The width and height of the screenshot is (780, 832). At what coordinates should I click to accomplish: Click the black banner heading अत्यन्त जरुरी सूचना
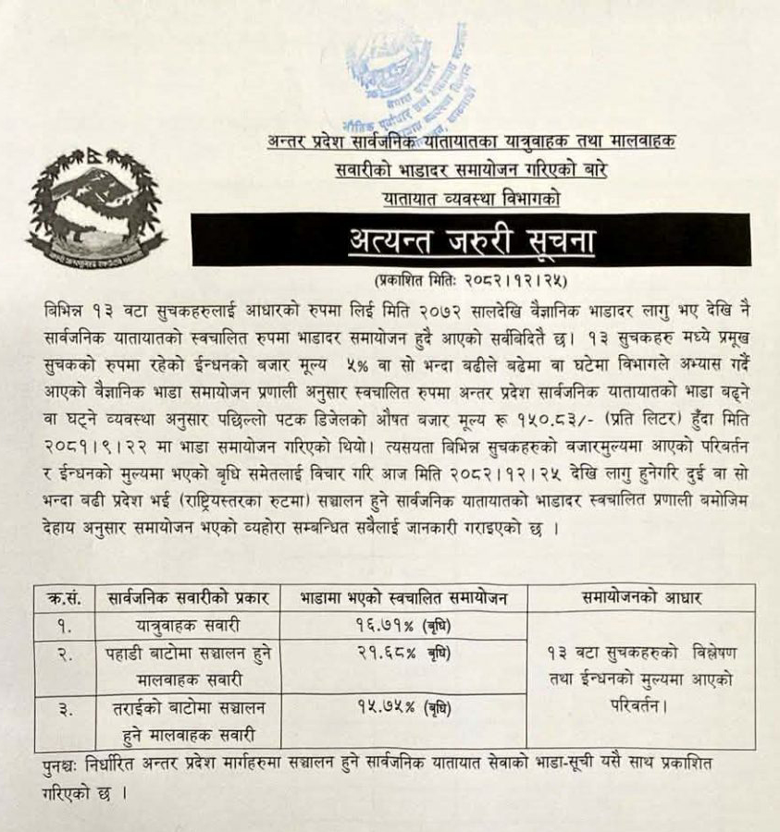(x=471, y=241)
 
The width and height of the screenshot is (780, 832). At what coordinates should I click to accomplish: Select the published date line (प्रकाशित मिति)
(x=470, y=278)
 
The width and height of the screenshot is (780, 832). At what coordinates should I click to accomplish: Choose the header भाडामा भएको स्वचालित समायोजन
(x=403, y=598)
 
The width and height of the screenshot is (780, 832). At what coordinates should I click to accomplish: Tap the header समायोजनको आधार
(x=641, y=598)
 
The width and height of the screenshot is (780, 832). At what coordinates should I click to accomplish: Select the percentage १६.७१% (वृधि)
(x=403, y=626)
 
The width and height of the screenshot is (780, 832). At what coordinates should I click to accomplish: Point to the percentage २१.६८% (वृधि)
(x=403, y=653)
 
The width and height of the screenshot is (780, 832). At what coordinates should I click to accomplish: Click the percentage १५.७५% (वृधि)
(x=403, y=707)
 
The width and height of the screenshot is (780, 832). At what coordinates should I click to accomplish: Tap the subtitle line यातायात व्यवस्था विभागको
(x=471, y=197)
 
